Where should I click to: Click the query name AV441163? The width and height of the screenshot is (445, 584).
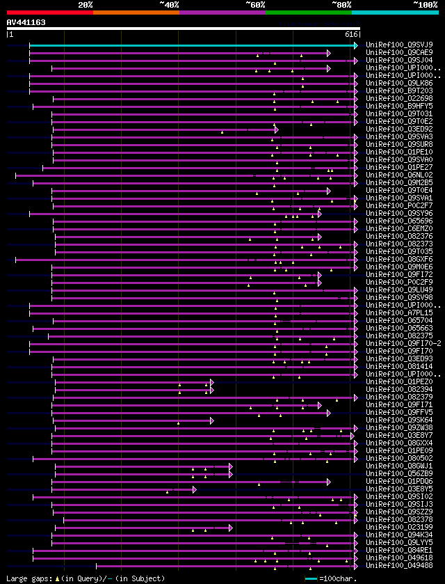(x=26, y=22)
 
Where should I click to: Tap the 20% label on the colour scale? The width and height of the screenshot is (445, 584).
(x=85, y=5)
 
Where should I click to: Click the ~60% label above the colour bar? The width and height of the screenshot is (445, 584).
(x=254, y=5)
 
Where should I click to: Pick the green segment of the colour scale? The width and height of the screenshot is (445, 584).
(x=308, y=13)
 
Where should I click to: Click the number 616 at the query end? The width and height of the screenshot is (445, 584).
(x=351, y=34)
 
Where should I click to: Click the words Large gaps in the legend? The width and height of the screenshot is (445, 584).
(x=28, y=578)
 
